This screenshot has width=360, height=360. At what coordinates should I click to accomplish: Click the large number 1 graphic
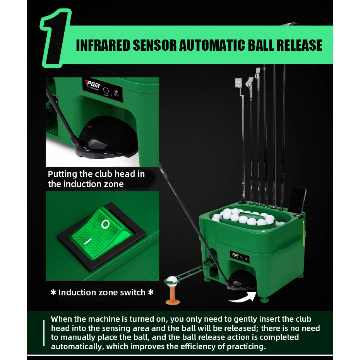tap(55, 38)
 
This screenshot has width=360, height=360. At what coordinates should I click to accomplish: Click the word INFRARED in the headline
tap(103, 45)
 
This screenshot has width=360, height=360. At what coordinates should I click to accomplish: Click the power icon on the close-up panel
tap(106, 90)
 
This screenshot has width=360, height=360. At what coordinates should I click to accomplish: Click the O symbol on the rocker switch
tap(105, 224)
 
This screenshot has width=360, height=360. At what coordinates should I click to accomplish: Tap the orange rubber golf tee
tap(173, 295)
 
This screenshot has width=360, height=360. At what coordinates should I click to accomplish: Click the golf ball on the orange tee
tap(172, 281)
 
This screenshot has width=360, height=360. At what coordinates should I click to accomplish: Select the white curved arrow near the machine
tap(243, 298)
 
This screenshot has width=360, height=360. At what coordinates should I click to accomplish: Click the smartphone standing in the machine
tap(297, 201)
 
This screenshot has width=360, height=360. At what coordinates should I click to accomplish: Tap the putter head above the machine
tap(239, 83)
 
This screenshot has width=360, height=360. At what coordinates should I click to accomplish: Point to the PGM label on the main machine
tap(235, 255)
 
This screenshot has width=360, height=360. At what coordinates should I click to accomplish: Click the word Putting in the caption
tap(62, 174)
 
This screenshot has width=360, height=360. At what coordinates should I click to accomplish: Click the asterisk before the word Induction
tap(53, 292)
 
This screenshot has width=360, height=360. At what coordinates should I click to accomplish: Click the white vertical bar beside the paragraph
tap(44, 333)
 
